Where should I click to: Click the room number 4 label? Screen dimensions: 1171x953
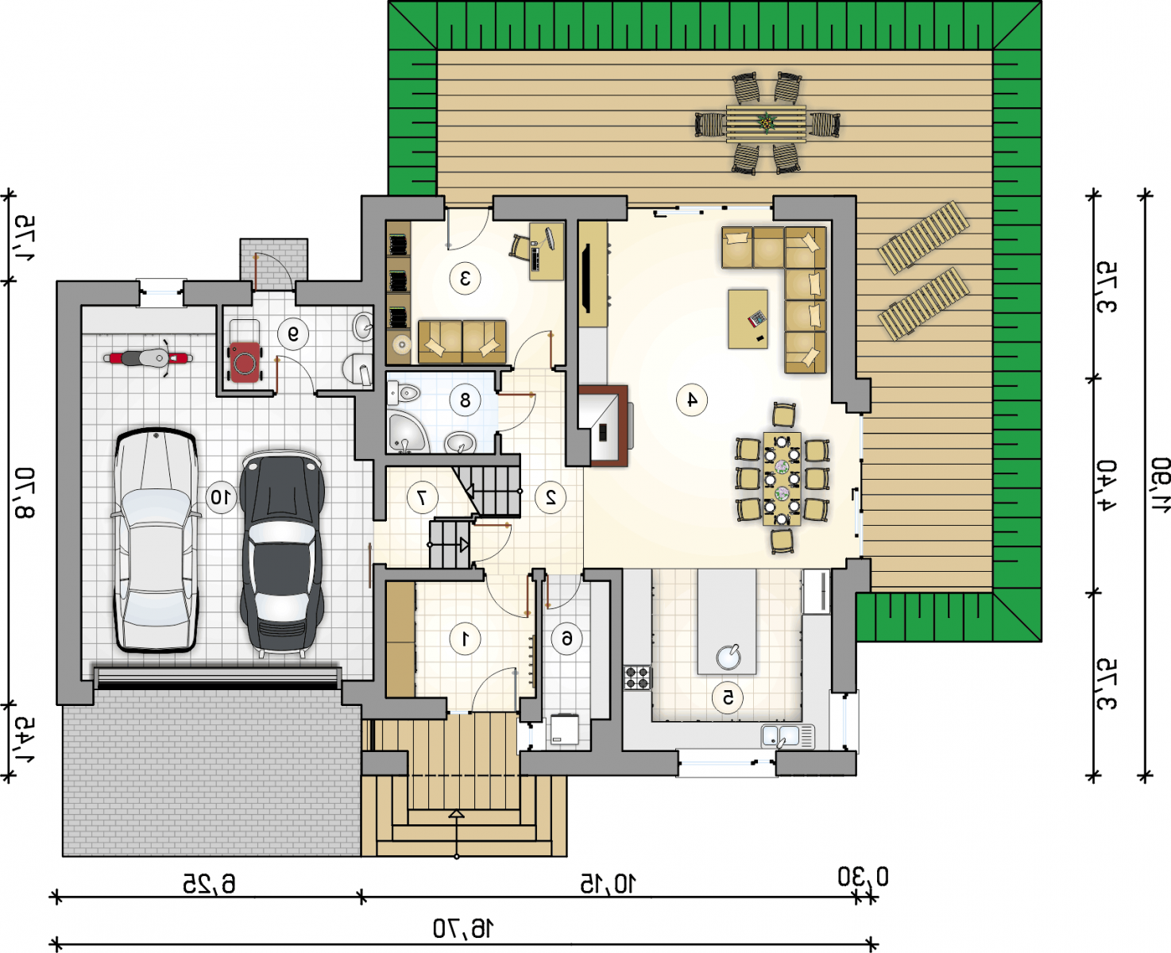click(692, 400)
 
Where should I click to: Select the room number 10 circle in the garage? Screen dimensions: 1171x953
click(221, 498)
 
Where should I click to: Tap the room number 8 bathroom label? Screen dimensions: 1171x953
click(465, 400)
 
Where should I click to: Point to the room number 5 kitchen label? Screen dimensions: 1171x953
click(728, 698)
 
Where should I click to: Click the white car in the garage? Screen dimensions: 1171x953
click(157, 540)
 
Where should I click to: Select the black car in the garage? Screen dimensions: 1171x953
click(282, 554)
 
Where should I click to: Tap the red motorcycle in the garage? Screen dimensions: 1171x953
click(148, 358)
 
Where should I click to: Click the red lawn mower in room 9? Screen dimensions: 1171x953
click(245, 361)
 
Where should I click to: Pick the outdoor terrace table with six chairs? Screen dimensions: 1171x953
click(767, 124)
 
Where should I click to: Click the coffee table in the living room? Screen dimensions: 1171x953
click(748, 319)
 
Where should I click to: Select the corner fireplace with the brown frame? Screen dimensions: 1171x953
click(604, 426)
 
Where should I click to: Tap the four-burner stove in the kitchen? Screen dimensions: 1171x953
click(637, 677)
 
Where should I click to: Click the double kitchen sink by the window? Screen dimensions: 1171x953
click(788, 736)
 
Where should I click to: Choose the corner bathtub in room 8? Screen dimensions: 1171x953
click(408, 434)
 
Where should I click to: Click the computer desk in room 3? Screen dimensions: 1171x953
click(547, 251)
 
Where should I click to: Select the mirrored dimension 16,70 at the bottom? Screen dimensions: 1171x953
click(463, 928)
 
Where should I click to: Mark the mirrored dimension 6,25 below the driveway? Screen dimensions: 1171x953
click(209, 884)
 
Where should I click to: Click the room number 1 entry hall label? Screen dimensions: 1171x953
click(465, 639)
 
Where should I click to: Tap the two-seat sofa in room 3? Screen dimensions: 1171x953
click(462, 341)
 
